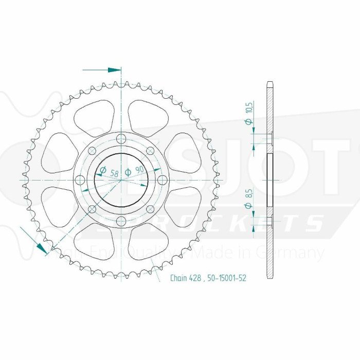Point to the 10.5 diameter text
click(x=248, y=109)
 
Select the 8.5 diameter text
click(x=248, y=194)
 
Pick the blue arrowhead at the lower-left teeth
click(x=43, y=247)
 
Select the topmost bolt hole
click(x=121, y=138)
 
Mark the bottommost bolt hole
click(x=121, y=221)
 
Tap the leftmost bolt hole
click(x=80, y=179)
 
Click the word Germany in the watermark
click(x=295, y=253)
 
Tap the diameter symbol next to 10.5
click(x=248, y=122)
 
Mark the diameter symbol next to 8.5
click(x=248, y=205)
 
